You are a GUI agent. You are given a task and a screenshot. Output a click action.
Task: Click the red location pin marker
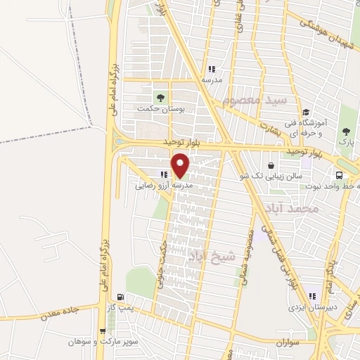pyautogui.click(x=181, y=165)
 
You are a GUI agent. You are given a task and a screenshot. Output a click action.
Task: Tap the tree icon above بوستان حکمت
pyautogui.click(x=161, y=97)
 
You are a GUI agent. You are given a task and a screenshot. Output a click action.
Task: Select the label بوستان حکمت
pyautogui.click(x=161, y=110)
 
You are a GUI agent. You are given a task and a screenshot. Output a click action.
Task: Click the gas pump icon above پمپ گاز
pyautogui.click(x=122, y=297)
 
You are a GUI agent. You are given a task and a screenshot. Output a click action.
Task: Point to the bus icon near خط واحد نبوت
pyautogui.click(x=340, y=175)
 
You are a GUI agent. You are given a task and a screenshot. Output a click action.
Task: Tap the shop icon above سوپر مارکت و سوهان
pyautogui.click(x=103, y=331)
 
